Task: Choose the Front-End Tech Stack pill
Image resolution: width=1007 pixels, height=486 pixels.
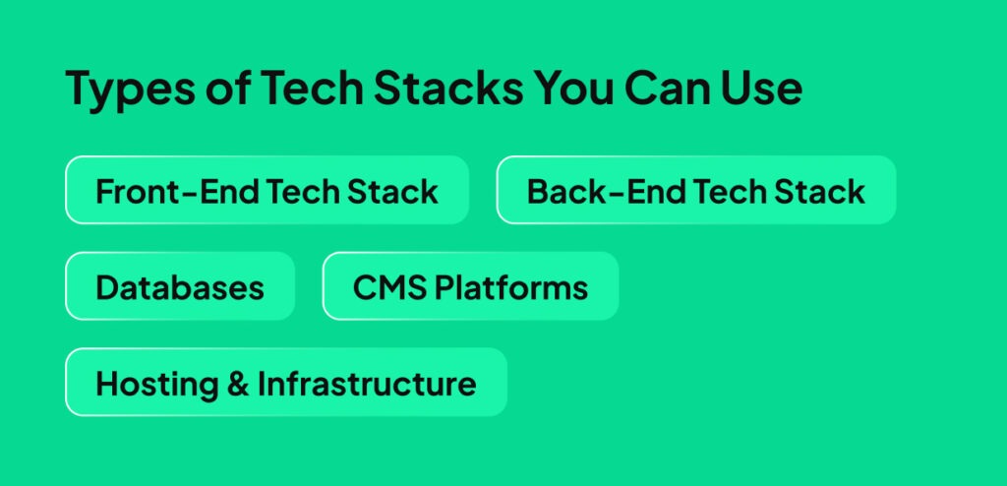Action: (267, 190)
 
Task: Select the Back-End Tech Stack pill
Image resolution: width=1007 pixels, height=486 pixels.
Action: (696, 190)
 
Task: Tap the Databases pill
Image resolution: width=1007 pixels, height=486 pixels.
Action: (180, 286)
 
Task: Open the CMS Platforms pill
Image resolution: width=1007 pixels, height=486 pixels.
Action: (470, 286)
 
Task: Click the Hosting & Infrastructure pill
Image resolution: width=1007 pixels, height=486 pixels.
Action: (285, 382)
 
